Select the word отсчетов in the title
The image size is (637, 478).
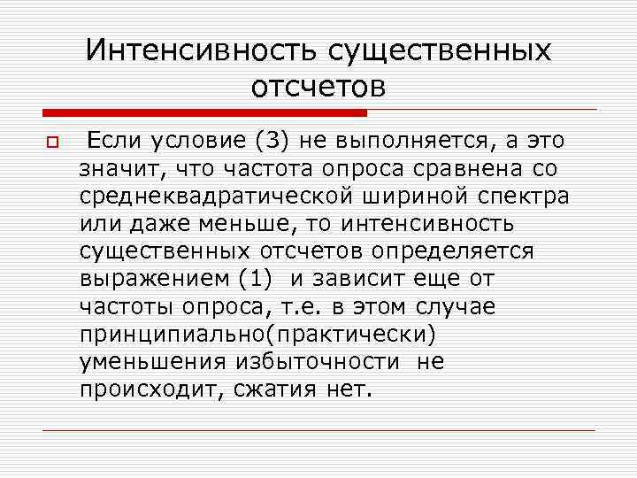pyautogui.click(x=318, y=87)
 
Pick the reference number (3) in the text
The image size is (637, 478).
pyautogui.click(x=269, y=141)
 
